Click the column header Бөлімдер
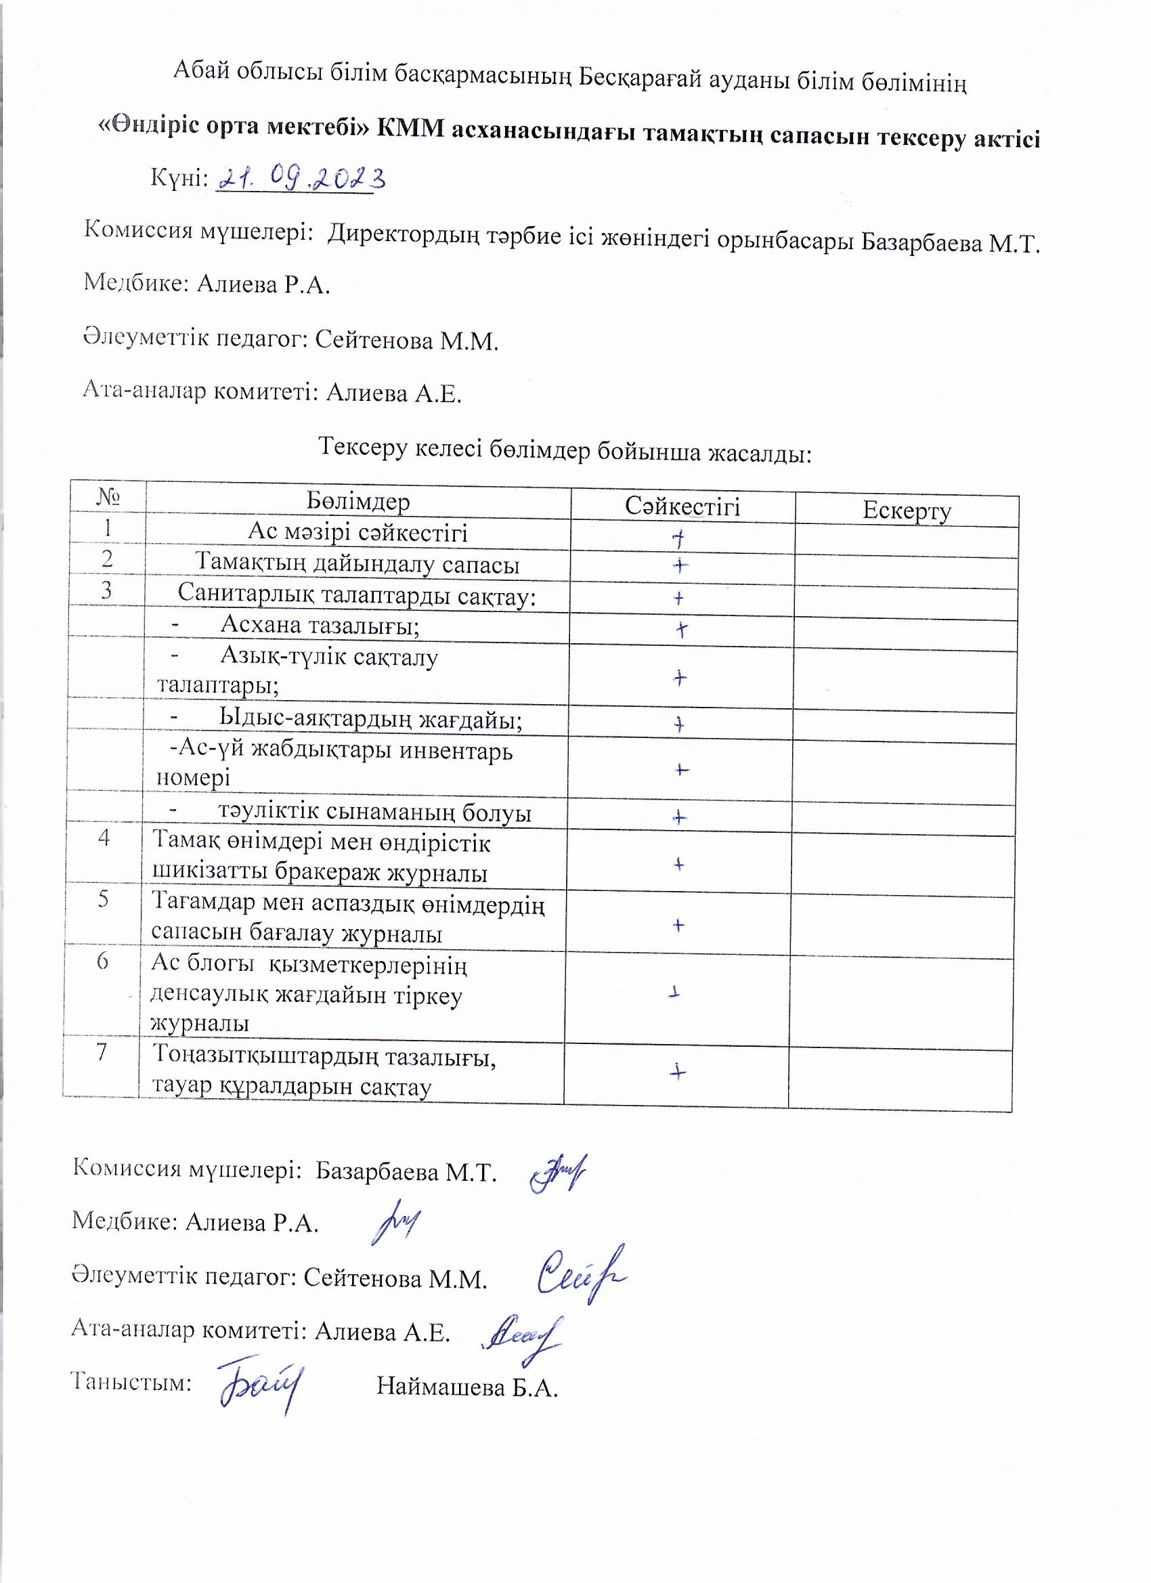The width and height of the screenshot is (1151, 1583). [358, 501]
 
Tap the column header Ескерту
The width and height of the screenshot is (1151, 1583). [906, 511]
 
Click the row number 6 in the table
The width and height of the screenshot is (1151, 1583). [103, 961]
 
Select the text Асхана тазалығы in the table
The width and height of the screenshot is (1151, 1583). [320, 625]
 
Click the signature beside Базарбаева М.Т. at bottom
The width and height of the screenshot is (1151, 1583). [558, 1173]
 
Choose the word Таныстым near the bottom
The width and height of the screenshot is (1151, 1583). [131, 1382]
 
